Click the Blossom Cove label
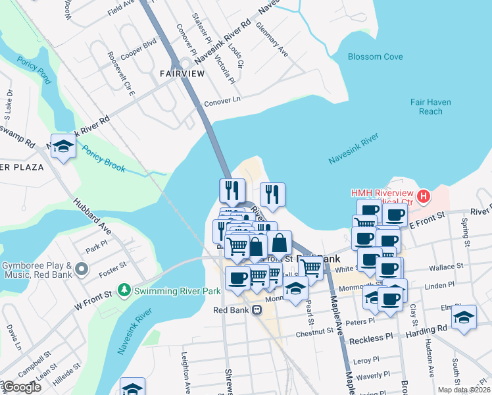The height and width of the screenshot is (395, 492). (375, 57)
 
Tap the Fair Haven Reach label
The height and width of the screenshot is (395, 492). (430, 107)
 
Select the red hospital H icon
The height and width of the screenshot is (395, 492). (424, 196)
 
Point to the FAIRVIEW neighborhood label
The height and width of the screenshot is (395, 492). (182, 74)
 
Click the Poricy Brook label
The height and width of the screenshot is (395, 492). (103, 158)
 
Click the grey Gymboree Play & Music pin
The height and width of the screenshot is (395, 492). (81, 269)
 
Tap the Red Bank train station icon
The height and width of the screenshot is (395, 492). (257, 310)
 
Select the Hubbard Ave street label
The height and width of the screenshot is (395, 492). (91, 218)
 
